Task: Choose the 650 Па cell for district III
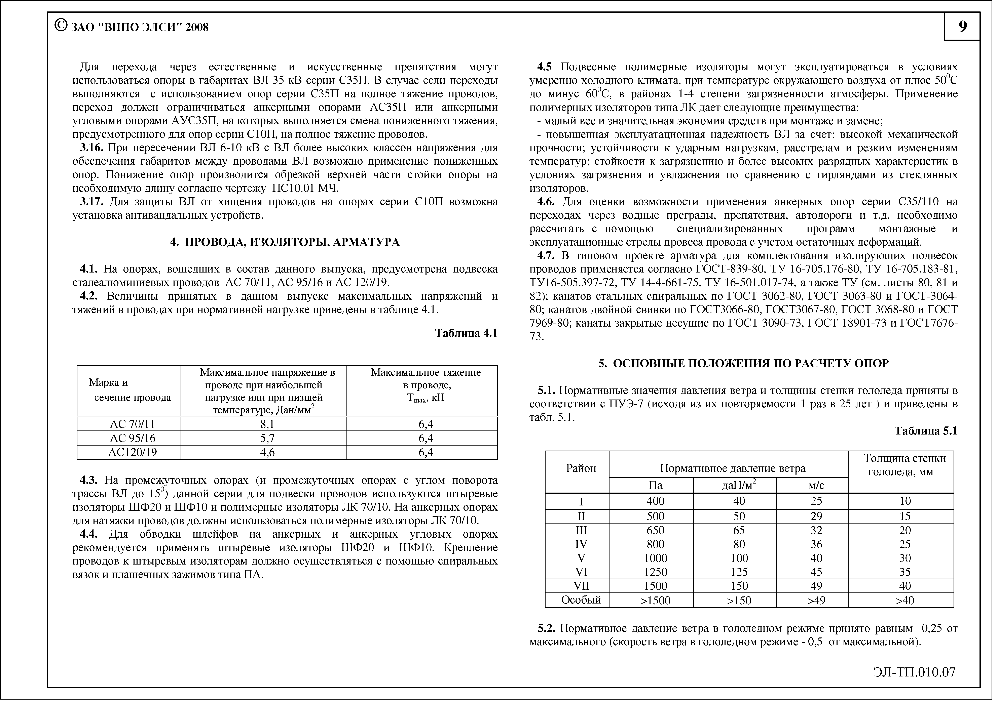point(655,530)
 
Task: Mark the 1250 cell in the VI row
point(655,572)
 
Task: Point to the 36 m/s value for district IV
point(816,544)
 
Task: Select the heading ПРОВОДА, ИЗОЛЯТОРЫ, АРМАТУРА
point(292,242)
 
